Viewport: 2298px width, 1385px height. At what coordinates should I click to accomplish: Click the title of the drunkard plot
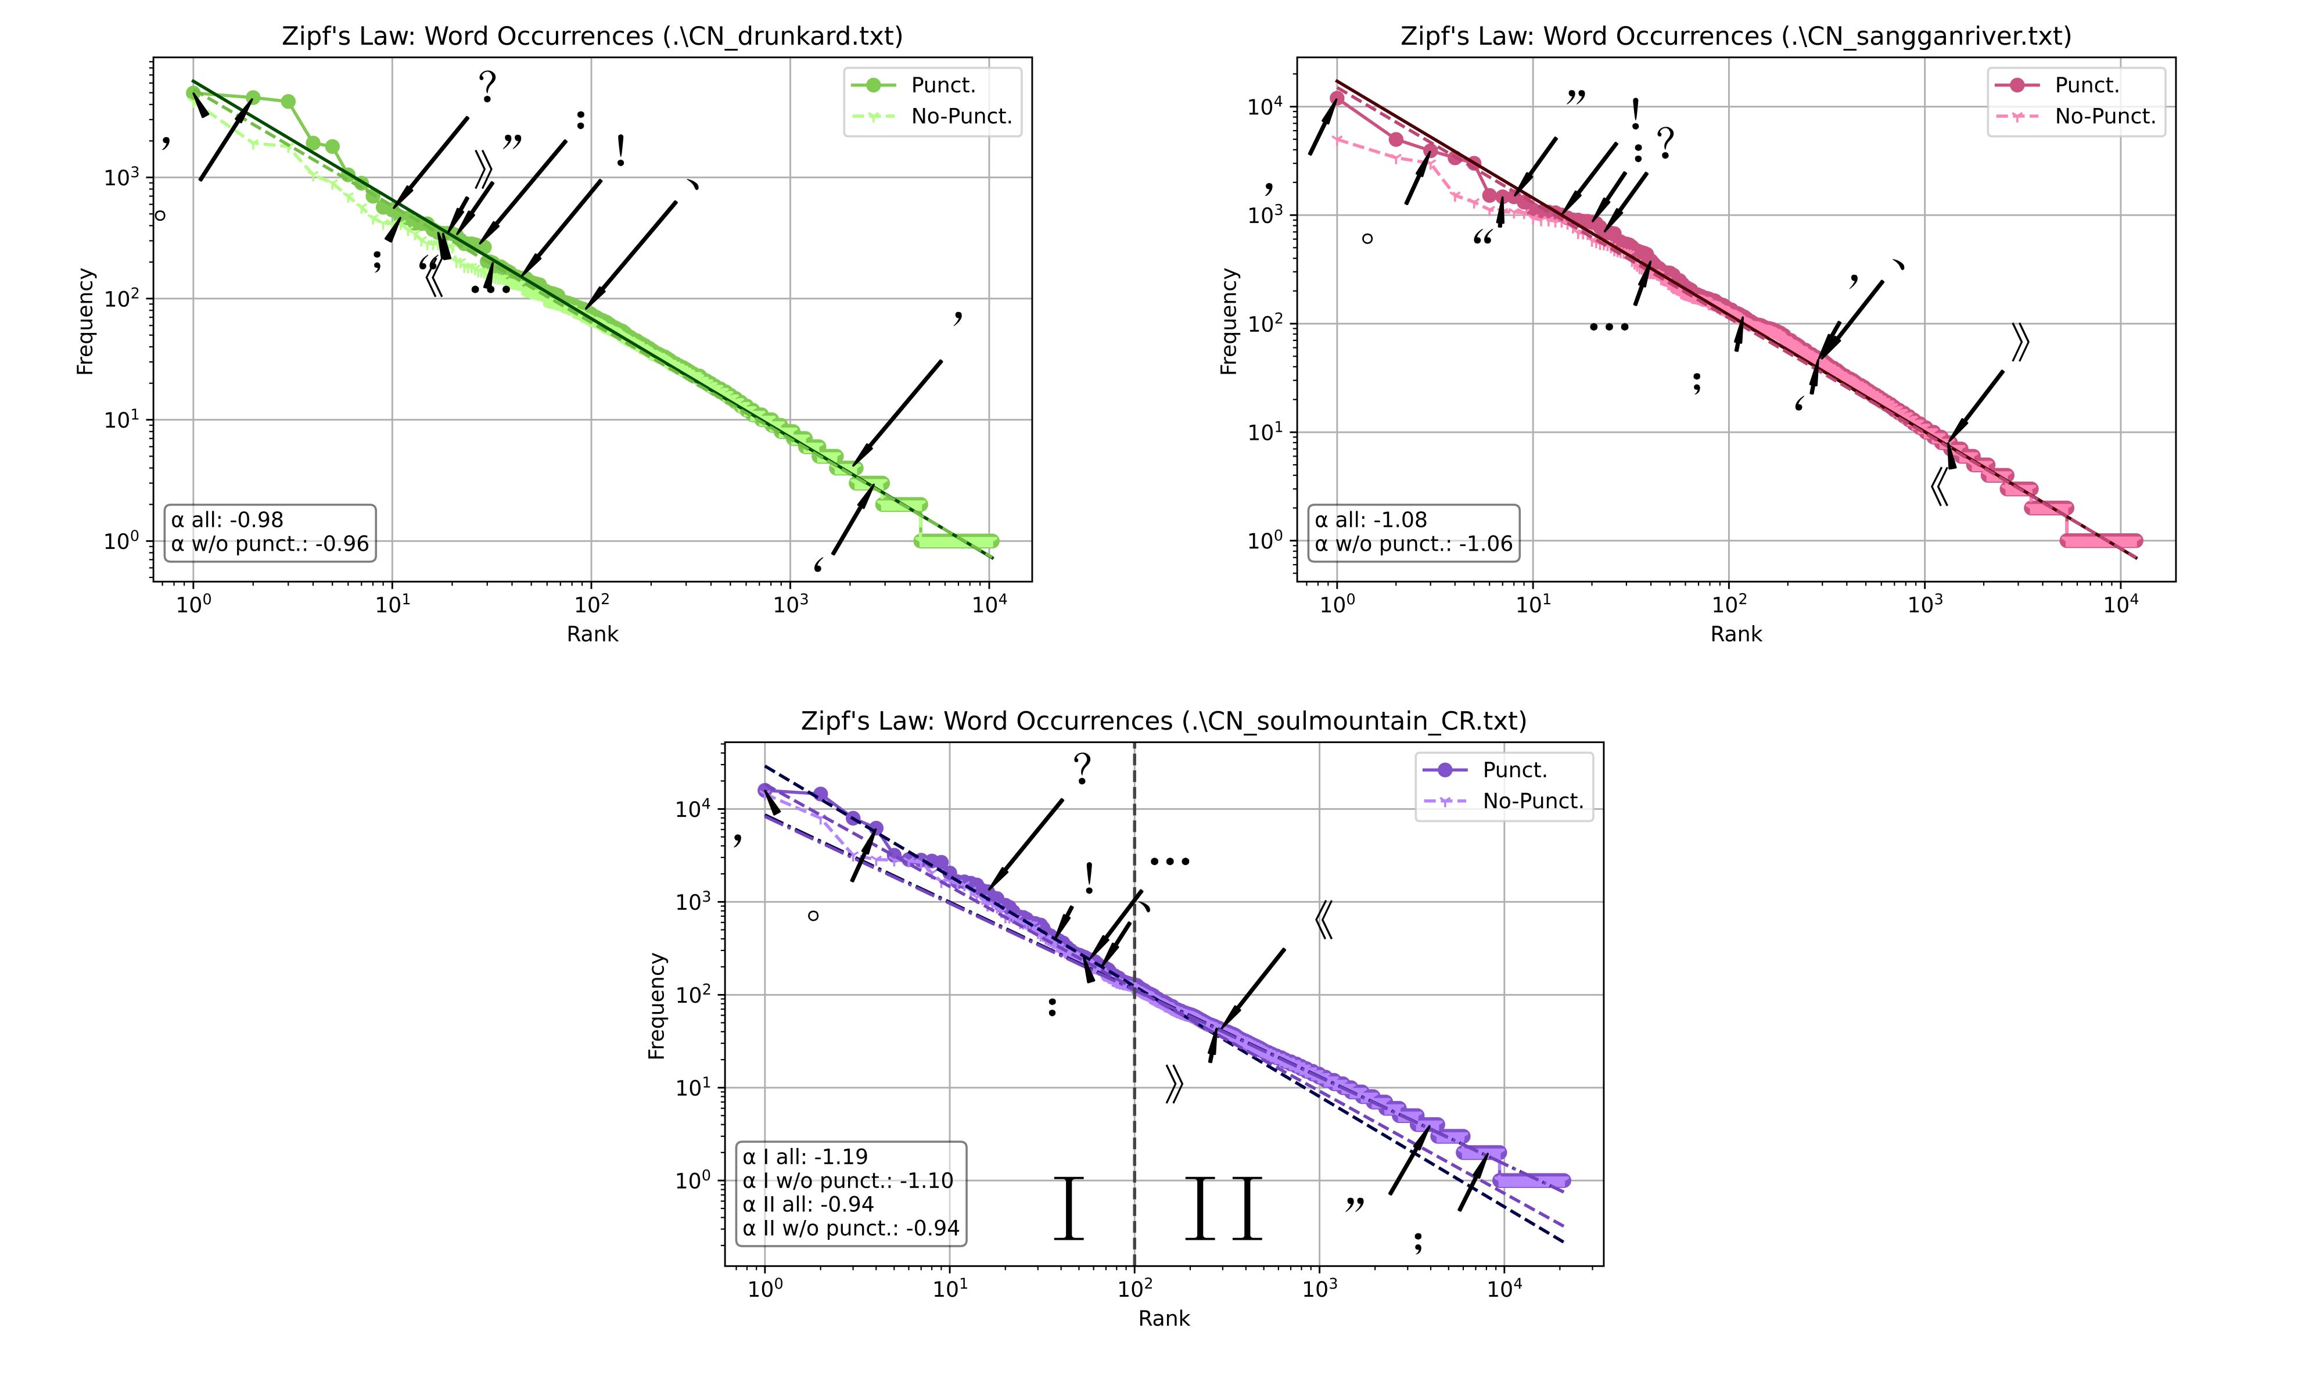click(x=593, y=37)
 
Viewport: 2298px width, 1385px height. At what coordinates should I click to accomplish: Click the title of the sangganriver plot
click(x=1736, y=37)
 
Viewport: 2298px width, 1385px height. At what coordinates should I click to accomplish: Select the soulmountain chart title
click(x=1163, y=721)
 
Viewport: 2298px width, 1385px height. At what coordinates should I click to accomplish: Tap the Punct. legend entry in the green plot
click(x=942, y=85)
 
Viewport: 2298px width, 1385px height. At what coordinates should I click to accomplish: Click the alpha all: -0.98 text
click(x=227, y=519)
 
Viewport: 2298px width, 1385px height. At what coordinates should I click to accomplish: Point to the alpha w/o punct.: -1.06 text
click(x=1413, y=544)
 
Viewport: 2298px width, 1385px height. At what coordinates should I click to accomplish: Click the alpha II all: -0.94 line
click(x=807, y=1204)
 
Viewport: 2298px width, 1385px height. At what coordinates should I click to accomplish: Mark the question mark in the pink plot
click(x=1665, y=143)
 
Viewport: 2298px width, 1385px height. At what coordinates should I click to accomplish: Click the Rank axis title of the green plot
click(x=593, y=634)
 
